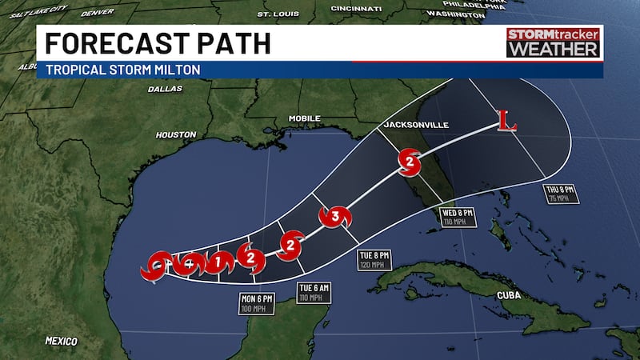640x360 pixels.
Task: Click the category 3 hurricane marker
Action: [335, 216]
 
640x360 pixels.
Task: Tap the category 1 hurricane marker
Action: [217, 262]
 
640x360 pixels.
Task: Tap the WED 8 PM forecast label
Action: [459, 215]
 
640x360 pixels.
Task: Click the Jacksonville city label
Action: [415, 125]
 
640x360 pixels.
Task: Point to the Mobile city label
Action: [304, 118]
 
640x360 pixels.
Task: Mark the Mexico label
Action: [61, 340]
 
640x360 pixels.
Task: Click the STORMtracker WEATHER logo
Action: [554, 43]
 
